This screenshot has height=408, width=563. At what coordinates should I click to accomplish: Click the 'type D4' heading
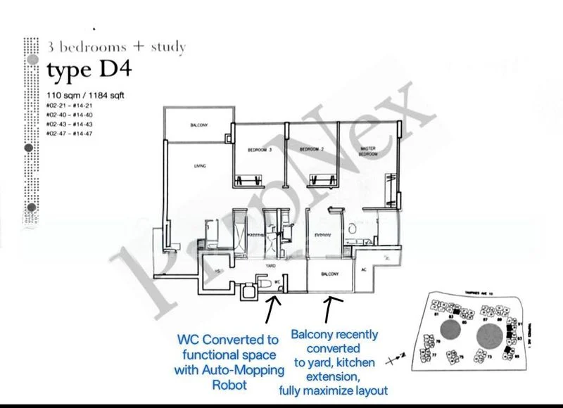[89, 70]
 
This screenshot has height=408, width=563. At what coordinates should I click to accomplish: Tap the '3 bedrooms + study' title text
[116, 47]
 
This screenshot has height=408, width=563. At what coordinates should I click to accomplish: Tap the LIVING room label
[199, 167]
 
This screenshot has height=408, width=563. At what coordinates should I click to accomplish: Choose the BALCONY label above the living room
[198, 125]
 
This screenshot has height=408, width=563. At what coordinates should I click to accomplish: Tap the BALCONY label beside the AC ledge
[330, 274]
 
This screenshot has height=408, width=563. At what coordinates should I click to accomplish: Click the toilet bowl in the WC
[262, 281]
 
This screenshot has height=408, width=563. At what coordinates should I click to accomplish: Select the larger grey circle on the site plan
[488, 336]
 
